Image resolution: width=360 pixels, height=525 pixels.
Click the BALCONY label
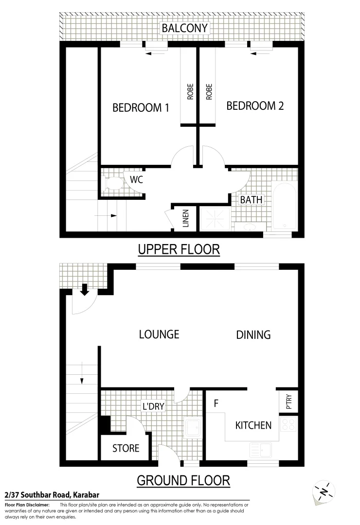pos(185,29)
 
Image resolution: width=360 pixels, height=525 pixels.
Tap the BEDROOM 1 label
pos(140,107)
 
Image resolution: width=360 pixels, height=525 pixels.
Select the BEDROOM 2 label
pos(255,106)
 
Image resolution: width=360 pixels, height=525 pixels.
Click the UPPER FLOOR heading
pos(179,249)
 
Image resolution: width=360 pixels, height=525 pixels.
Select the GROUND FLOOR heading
pos(183,481)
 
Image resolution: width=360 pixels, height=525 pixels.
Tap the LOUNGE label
pos(159,334)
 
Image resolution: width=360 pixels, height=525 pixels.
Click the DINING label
pos(253,335)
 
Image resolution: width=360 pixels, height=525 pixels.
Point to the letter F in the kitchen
pos(215,403)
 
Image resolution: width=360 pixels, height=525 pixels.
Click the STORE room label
pos(126,448)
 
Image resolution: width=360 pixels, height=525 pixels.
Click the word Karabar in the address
pos(86,495)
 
